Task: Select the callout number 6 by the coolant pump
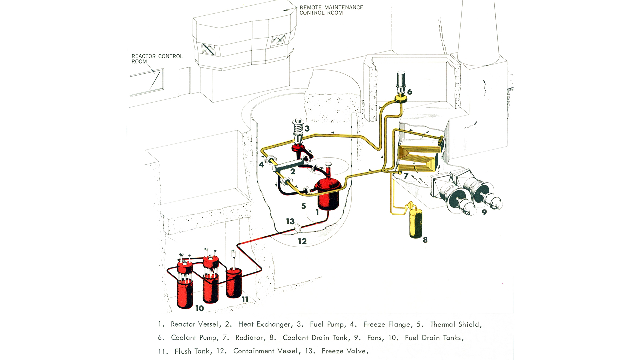click(410, 92)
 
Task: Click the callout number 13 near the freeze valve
click(290, 221)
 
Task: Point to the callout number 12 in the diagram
click(302, 241)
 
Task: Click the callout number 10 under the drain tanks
click(199, 308)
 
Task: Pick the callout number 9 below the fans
click(484, 212)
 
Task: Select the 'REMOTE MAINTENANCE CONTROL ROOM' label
click(331, 10)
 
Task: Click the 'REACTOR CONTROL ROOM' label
click(157, 59)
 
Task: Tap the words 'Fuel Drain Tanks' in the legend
click(433, 338)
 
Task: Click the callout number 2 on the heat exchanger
click(293, 172)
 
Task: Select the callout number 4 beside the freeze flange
click(261, 165)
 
